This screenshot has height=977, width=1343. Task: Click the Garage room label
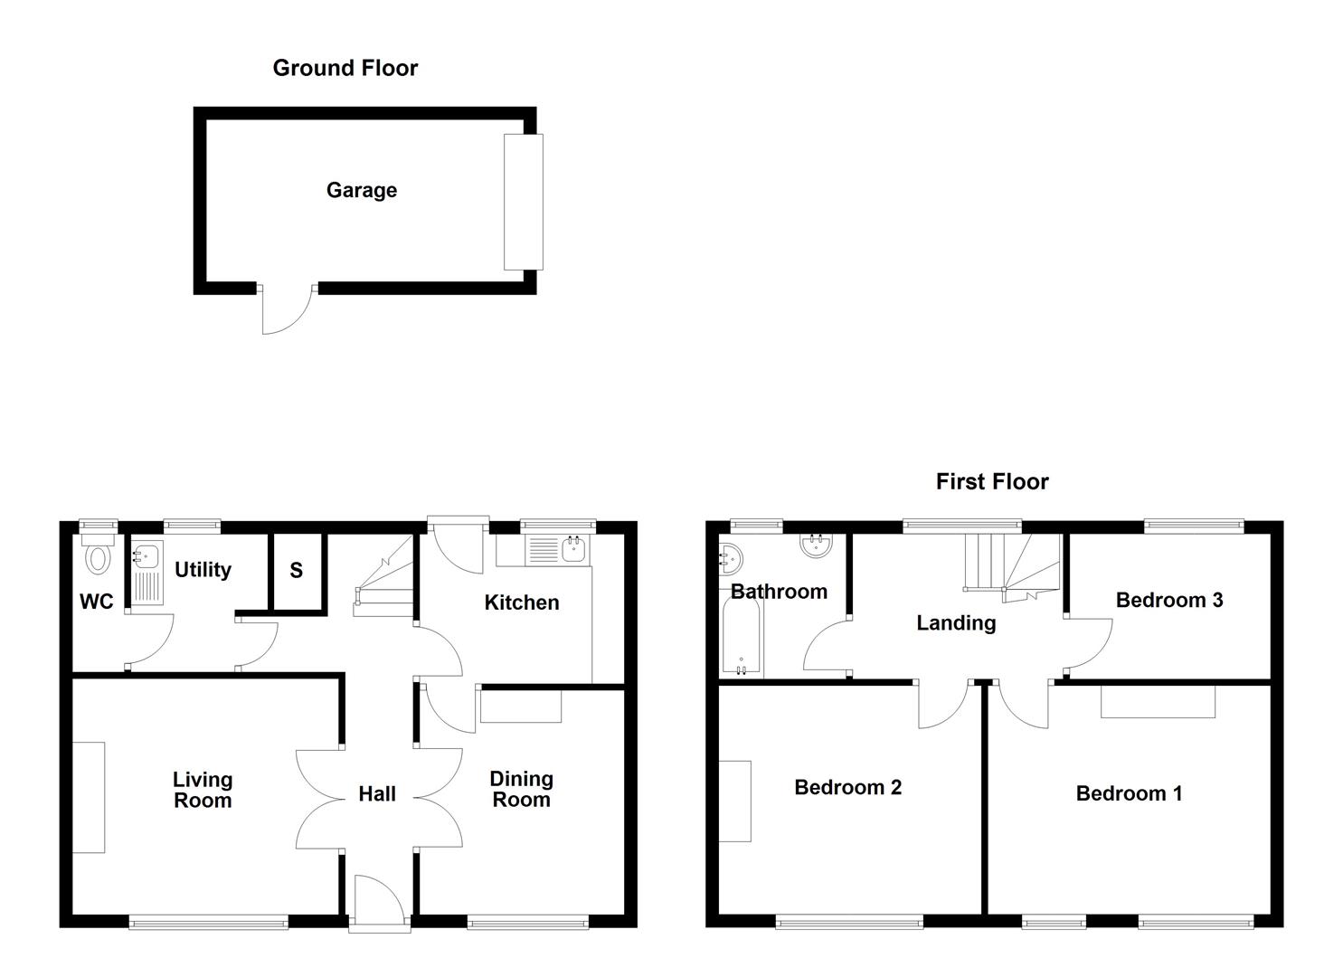(x=361, y=190)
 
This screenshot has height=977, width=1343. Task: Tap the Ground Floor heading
(x=345, y=68)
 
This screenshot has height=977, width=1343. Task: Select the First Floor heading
(x=992, y=481)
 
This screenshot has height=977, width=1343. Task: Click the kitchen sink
(x=573, y=548)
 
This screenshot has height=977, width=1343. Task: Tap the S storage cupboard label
(x=296, y=571)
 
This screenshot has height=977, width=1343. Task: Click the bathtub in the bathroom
(x=741, y=638)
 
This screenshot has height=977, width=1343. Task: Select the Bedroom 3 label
(x=1168, y=600)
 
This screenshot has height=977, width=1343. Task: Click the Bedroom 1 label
(x=1129, y=793)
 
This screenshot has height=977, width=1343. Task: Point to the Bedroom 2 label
(x=847, y=787)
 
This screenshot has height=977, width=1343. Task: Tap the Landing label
(x=956, y=622)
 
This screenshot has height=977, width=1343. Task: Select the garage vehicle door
(x=523, y=202)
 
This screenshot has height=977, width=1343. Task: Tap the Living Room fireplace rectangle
(x=89, y=797)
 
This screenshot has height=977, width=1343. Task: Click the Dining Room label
(x=521, y=789)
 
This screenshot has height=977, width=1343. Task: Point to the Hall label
(x=377, y=793)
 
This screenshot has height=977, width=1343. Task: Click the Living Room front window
(x=208, y=922)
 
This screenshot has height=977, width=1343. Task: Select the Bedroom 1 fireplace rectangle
(x=1158, y=702)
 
